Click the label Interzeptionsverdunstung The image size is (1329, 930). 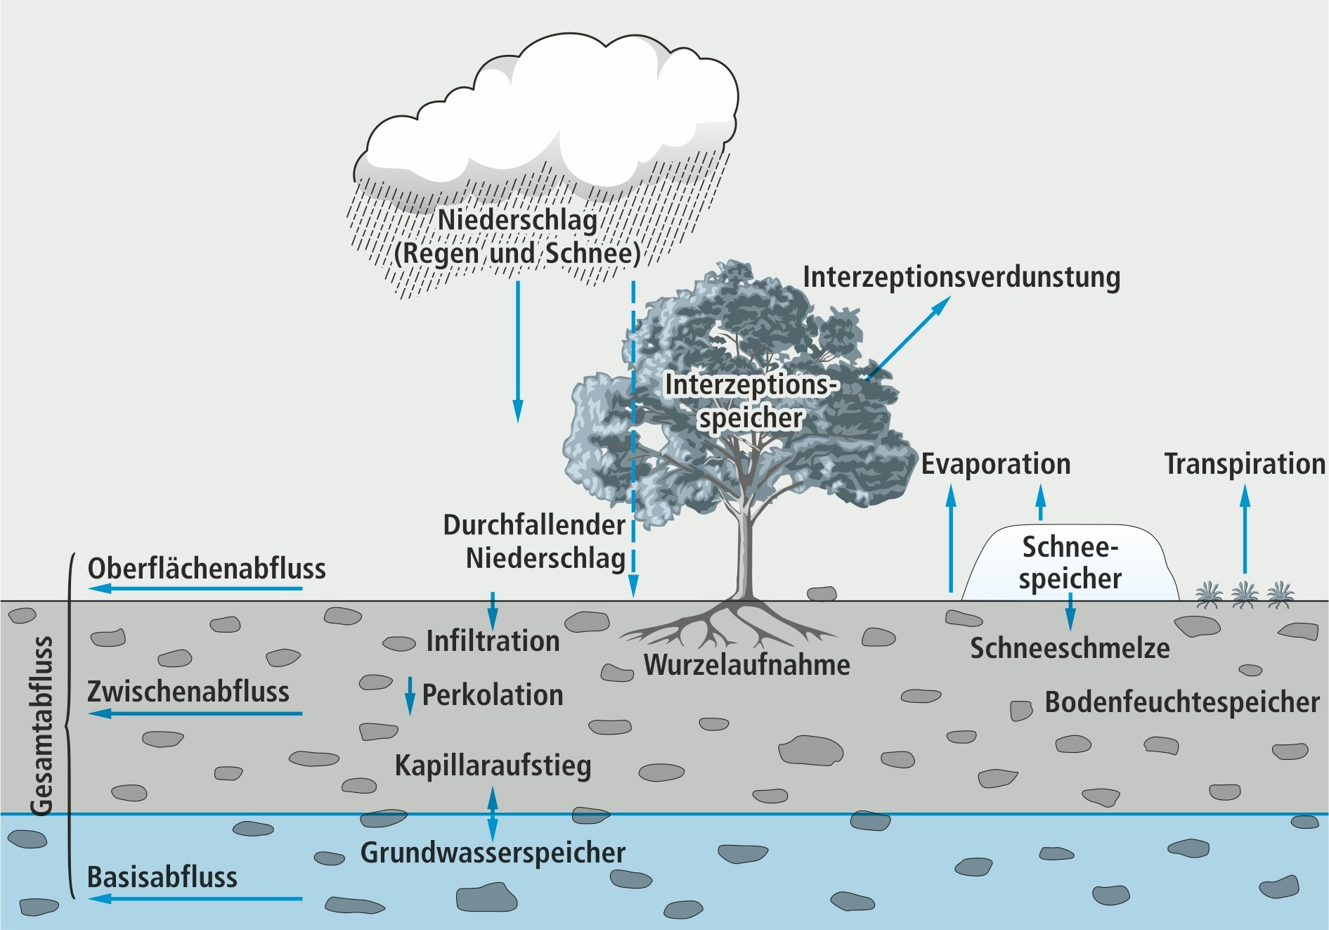pos(961,277)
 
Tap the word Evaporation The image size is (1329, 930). pos(995,465)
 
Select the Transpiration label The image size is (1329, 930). pos(1244,465)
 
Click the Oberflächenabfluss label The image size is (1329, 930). pos(207,569)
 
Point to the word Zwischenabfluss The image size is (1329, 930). pos(188,692)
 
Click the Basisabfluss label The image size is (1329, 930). pos(162,878)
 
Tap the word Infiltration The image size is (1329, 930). pos(493,641)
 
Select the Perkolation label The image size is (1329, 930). pos(493,695)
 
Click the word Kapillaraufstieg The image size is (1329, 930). pos(493,766)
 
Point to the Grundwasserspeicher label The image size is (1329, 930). pos(493,853)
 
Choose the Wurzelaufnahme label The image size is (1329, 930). pos(746,665)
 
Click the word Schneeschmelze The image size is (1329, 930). pos(1070,648)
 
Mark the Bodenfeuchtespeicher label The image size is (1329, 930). pos(1181,702)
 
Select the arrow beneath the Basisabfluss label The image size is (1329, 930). pos(197,898)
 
